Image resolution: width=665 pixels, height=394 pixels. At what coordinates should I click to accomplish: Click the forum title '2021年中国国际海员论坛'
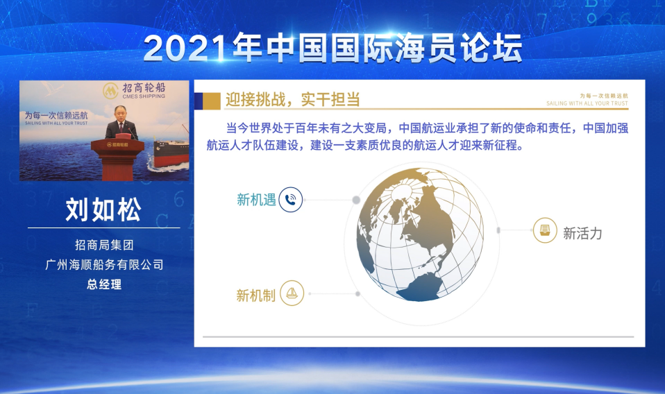pos(333,48)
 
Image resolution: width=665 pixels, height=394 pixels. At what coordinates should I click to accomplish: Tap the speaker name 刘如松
pos(103,209)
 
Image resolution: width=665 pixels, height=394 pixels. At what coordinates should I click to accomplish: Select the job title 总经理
pos(104,284)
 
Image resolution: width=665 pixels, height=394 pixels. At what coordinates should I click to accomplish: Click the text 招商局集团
pos(104,244)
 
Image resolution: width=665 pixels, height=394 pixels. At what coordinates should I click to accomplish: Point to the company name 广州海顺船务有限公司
pos(104,265)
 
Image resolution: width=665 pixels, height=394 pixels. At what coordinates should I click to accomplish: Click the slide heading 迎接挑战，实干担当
pos(293,100)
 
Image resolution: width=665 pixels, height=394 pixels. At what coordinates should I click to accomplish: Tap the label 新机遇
pos(256,200)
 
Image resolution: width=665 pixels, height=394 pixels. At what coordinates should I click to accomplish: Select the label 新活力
pos(582,233)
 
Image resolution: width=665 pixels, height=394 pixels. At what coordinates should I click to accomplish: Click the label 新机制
pos(255,295)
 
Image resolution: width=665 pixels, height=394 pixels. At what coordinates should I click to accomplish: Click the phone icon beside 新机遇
pos(291,200)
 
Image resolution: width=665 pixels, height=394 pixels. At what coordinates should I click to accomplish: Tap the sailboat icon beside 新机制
pos(292,293)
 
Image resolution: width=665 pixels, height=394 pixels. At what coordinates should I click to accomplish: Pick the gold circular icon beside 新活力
pos(544,230)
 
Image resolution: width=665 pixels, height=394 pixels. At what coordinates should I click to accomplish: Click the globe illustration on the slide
pos(420,234)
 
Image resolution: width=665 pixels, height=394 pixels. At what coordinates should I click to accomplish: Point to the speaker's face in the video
pos(119,113)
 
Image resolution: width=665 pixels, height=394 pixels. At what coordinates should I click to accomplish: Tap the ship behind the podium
pos(171,151)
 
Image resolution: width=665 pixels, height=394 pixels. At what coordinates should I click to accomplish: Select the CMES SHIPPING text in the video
pos(144,96)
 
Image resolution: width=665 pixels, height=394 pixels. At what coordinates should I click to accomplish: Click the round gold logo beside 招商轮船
pos(110,90)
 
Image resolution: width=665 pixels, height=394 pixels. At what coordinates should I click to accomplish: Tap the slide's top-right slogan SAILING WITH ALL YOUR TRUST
pos(587,103)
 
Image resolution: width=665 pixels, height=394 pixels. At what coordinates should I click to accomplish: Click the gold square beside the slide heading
pos(212,101)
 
